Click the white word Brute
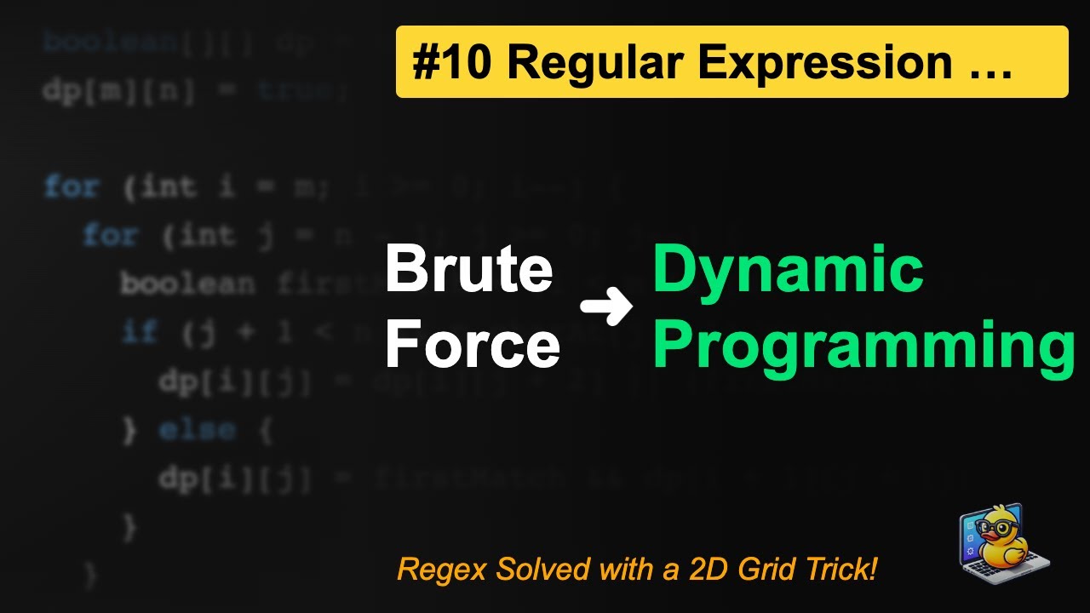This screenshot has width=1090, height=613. click(469, 270)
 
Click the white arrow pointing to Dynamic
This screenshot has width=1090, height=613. click(606, 308)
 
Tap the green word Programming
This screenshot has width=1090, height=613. click(863, 346)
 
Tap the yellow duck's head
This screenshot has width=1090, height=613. click(997, 527)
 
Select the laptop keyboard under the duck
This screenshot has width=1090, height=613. click(1018, 568)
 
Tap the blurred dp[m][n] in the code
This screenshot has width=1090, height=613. click(119, 89)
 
